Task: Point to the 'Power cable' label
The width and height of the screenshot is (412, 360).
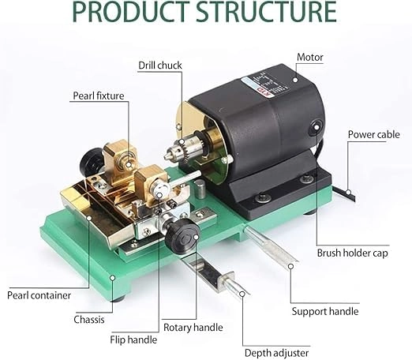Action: click(373, 134)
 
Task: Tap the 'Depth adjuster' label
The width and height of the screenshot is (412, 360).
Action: click(276, 352)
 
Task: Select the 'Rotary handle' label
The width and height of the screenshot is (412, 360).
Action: click(193, 327)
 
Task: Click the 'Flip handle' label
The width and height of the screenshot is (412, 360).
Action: click(133, 339)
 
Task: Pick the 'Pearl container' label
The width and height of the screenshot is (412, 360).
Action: click(39, 295)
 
